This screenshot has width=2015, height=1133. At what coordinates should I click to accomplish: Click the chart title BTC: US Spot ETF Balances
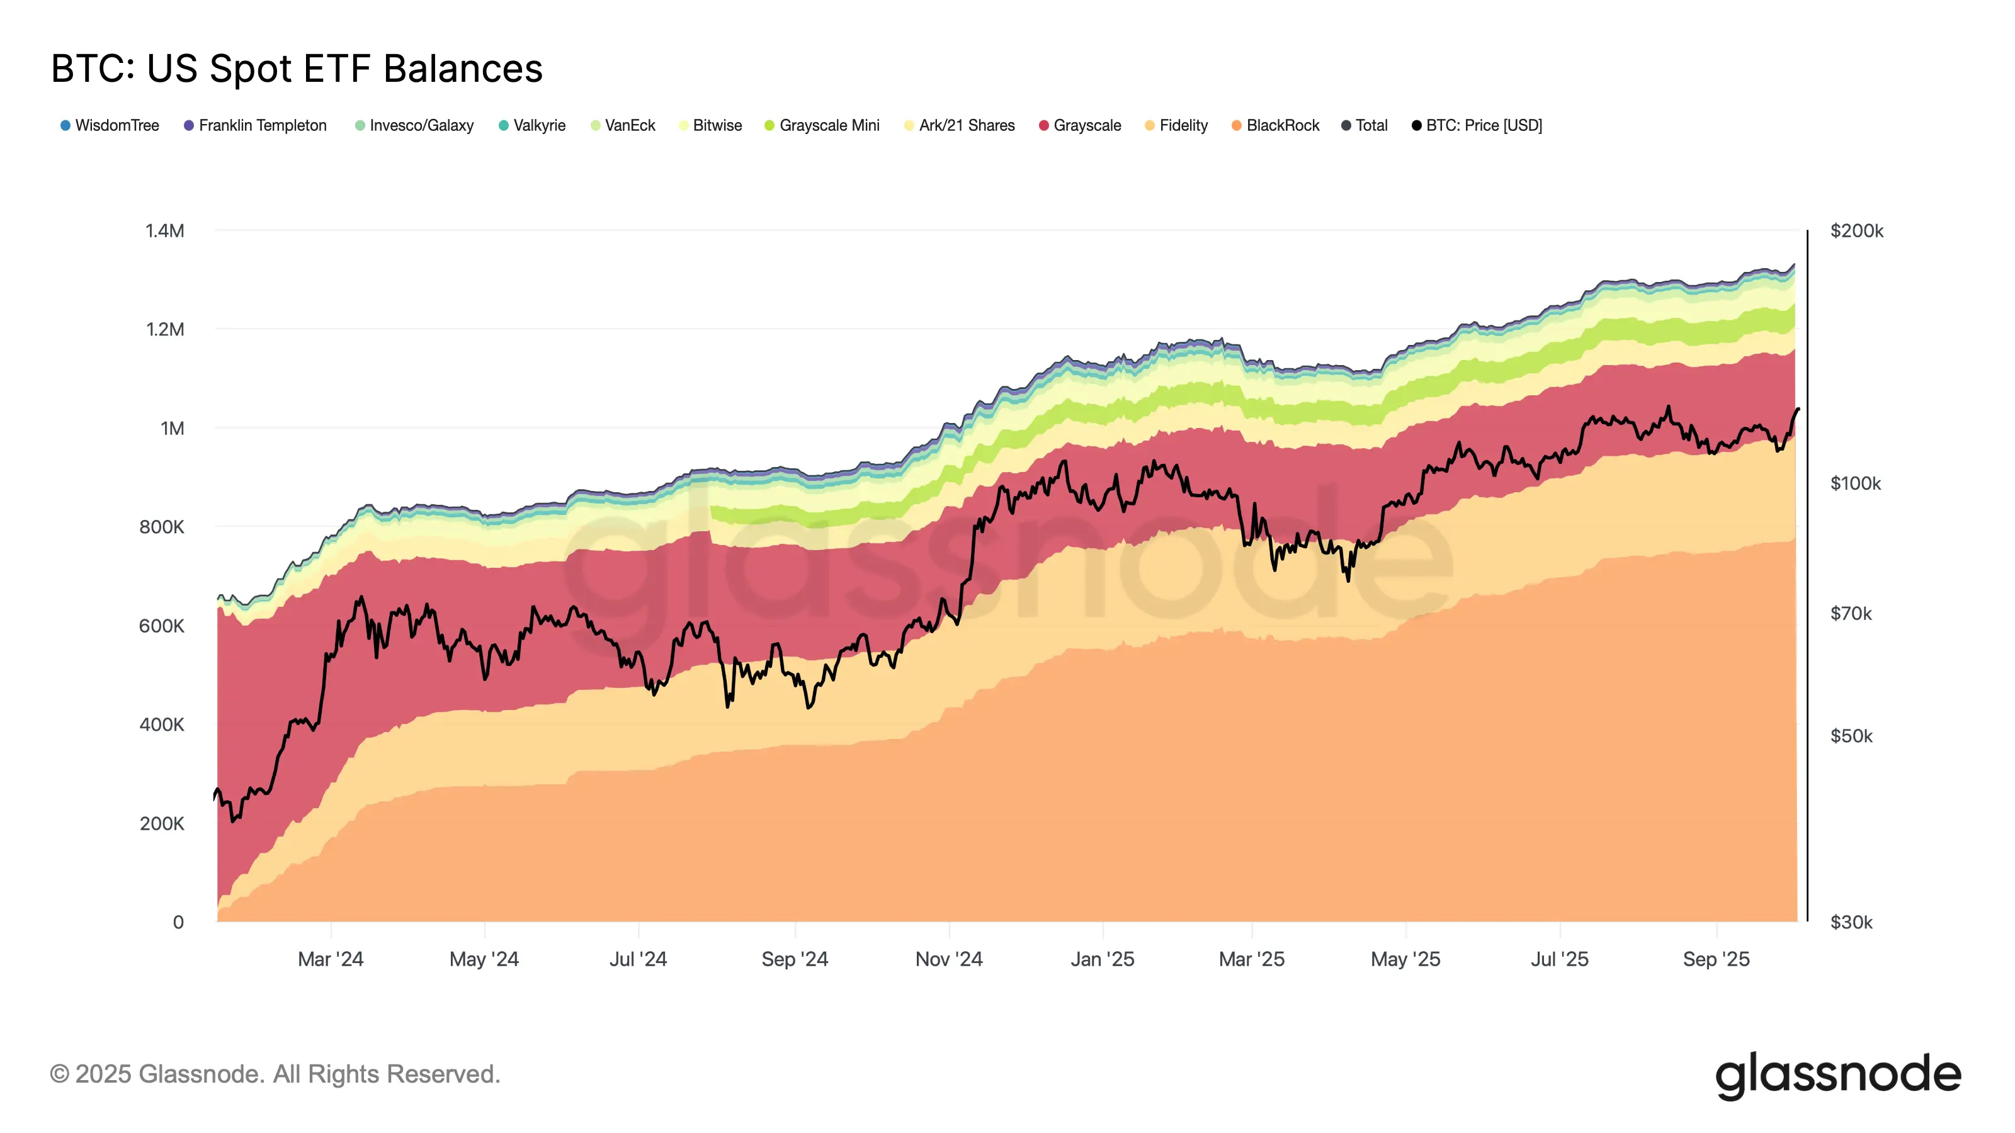point(297,69)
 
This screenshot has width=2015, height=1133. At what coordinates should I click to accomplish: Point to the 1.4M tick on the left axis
point(164,230)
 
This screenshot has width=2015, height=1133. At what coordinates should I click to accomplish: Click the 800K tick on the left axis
point(161,527)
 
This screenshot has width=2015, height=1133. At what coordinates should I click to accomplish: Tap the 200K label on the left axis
point(161,823)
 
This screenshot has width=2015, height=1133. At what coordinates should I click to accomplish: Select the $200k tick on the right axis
point(1856,230)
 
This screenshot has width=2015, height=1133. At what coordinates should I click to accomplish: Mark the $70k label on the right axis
point(1851,613)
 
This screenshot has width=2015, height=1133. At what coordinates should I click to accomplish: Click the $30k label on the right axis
point(1851,922)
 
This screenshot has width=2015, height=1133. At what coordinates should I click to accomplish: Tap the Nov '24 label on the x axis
point(949,959)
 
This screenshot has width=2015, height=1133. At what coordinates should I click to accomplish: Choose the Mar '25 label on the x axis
point(1252,959)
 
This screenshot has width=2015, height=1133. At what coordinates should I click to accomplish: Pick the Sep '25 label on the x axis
point(1716,959)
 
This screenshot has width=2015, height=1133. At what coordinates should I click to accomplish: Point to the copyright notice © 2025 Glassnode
point(275,1074)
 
